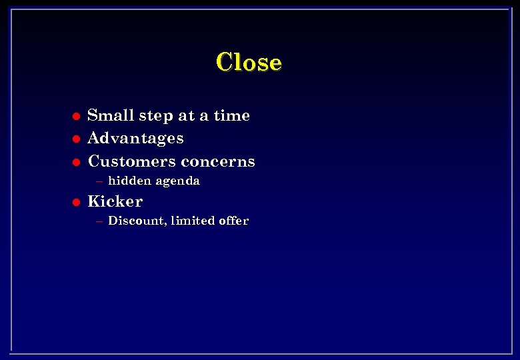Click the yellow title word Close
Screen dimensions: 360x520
249,62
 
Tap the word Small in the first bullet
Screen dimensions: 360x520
111,115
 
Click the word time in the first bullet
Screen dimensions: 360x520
232,115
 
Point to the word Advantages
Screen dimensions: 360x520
135,139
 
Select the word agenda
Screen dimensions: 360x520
177,181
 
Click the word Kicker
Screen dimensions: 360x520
115,201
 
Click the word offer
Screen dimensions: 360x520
233,221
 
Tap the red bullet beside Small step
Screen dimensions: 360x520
76,116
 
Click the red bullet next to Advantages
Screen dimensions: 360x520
76,139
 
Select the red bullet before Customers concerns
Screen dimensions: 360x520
76,162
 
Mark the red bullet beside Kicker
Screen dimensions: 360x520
76,202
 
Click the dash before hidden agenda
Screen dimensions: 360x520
99,181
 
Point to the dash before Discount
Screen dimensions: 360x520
99,221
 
